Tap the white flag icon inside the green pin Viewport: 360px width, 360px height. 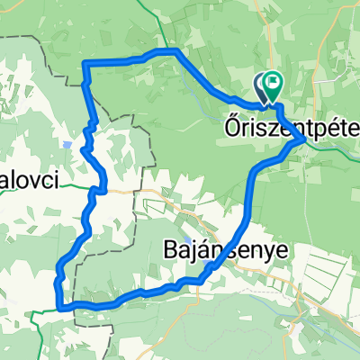pyautogui.click(x=273, y=81)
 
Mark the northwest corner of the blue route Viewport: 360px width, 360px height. pyautogui.click(x=85, y=63)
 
